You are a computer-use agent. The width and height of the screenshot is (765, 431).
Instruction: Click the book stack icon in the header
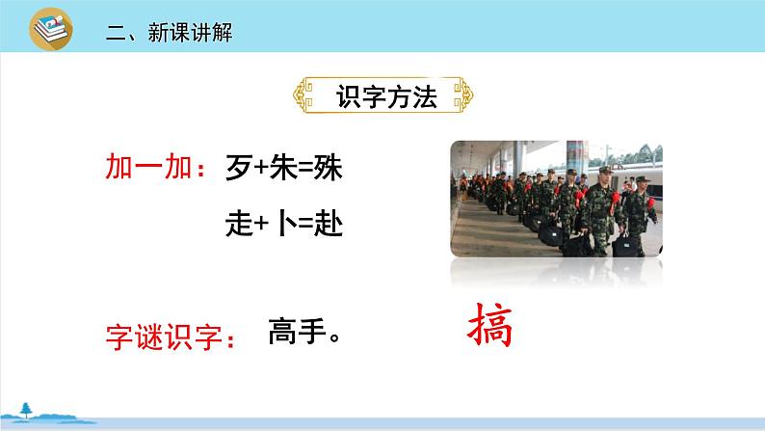coord(51,29)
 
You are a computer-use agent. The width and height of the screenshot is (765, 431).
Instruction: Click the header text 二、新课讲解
coord(170,33)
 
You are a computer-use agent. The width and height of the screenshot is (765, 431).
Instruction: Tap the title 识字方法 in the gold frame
coord(386,96)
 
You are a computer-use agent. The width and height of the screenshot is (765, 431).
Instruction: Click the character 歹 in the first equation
coord(240,167)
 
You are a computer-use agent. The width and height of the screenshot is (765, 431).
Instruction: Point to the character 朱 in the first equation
coord(283,167)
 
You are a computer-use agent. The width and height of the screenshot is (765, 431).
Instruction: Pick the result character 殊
coord(328,167)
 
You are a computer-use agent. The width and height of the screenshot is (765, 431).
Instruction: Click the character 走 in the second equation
coord(240,224)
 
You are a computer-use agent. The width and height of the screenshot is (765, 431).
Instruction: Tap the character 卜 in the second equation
coord(287,223)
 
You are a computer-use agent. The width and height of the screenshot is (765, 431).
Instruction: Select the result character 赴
coord(329,224)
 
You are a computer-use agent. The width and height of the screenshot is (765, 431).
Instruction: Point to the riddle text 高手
coord(297,331)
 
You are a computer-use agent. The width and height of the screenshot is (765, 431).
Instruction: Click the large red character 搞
coord(489,325)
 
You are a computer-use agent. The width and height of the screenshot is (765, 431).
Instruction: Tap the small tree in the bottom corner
coord(26,411)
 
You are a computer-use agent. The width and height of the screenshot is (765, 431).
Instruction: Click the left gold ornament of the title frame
coord(303,95)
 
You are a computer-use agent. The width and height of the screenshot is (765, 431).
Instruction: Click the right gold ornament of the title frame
coord(463,95)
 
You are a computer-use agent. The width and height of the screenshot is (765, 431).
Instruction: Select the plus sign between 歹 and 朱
coord(261,168)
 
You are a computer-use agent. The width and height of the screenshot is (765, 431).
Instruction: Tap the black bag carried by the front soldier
coord(625,246)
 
